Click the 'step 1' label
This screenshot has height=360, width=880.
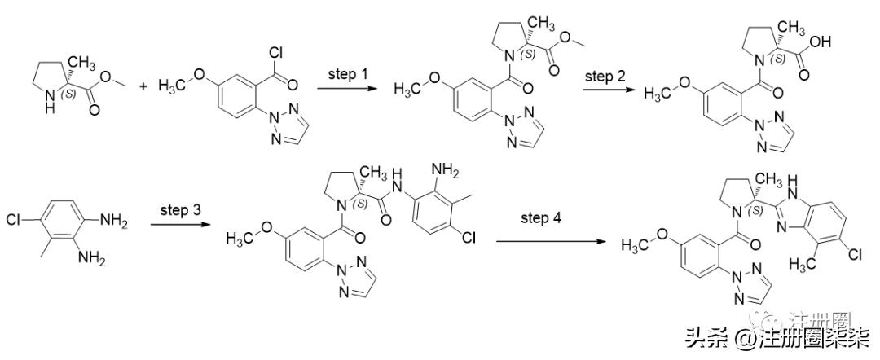tap(348, 74)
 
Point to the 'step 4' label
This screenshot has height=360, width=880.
tap(542, 219)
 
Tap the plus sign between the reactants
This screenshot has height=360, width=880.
tap(144, 85)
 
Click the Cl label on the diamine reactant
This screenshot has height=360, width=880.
tap(15, 220)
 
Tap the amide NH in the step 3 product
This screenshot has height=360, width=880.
tap(398, 177)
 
